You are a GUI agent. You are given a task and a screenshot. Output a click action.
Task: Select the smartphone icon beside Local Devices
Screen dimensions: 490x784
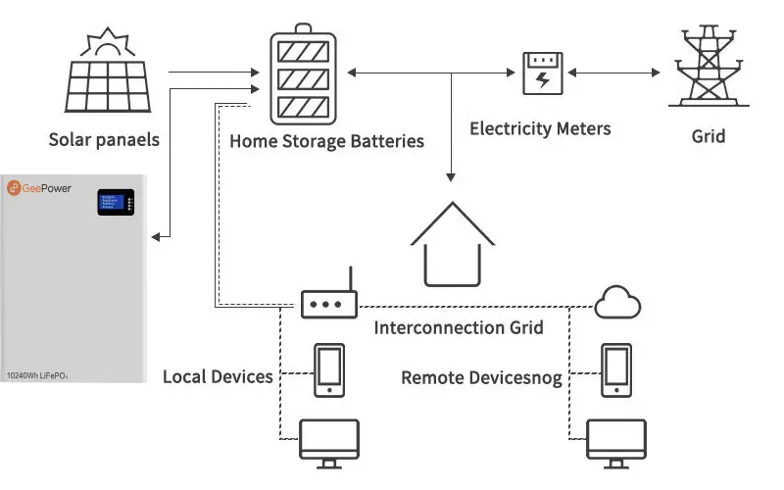(327, 370)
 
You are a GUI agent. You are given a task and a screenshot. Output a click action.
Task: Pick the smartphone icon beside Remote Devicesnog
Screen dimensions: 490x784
(615, 369)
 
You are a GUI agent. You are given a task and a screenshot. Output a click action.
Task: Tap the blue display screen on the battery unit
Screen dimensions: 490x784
(110, 203)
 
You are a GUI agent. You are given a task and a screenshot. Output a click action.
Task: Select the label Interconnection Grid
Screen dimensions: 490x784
(459, 327)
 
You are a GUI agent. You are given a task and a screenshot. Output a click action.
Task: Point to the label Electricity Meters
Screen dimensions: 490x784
(540, 128)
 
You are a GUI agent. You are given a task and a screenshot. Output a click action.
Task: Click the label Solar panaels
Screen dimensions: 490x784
(104, 140)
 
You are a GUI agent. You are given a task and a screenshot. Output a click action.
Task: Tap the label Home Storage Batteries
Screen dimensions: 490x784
(326, 141)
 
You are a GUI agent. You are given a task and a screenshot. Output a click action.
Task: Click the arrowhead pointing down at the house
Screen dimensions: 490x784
(451, 177)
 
